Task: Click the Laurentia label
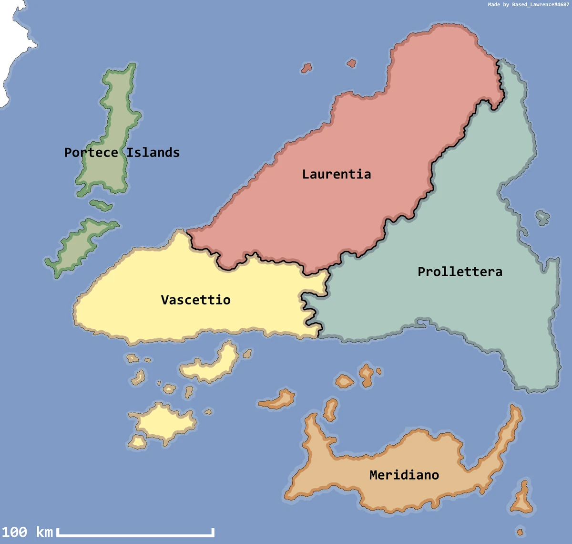(x=337, y=174)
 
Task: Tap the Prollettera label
(x=460, y=272)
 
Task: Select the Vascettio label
(x=195, y=300)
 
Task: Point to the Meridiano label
(x=404, y=475)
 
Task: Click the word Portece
(x=91, y=153)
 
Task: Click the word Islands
(x=153, y=153)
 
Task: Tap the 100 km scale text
(x=27, y=532)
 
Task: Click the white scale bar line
(x=136, y=535)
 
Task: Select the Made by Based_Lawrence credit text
(x=528, y=5)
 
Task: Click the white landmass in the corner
(x=12, y=43)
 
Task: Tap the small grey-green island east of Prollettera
(x=542, y=217)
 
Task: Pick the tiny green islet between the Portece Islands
(x=101, y=205)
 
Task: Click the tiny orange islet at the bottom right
(x=520, y=532)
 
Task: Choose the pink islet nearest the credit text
(x=351, y=63)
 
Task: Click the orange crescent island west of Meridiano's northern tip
(x=279, y=400)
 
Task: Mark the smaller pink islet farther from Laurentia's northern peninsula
(x=306, y=68)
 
